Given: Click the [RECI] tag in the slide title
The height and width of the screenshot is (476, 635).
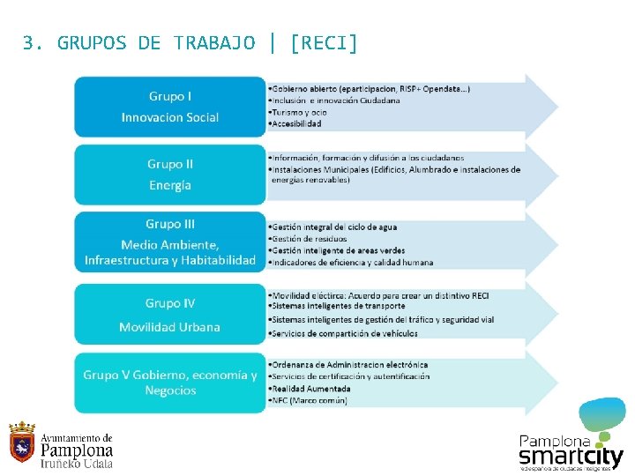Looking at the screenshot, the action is click(x=324, y=42).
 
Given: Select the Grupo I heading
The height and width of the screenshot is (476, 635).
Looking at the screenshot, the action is click(x=169, y=96).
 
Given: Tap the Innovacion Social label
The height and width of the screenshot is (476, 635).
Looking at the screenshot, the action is click(x=170, y=117).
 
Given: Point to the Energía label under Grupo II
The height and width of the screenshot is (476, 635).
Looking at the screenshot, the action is click(x=170, y=185).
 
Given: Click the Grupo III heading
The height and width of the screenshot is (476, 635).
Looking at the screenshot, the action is click(x=170, y=224).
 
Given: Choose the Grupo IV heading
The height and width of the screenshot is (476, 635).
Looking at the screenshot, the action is click(x=170, y=303).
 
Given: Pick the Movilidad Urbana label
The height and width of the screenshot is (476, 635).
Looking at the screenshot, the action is click(x=170, y=327).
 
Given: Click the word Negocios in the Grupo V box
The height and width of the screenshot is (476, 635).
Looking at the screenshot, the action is click(x=170, y=390).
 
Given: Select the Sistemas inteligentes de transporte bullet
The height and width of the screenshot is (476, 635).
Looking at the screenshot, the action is click(x=334, y=306).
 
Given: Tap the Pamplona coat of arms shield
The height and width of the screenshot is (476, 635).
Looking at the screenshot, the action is click(x=22, y=443).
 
